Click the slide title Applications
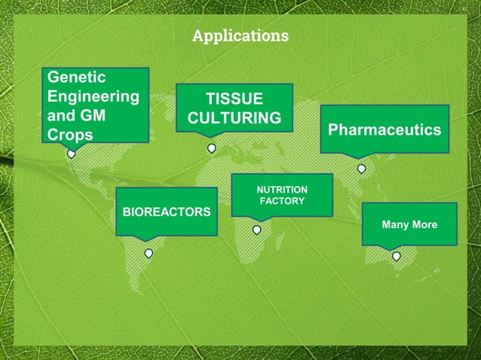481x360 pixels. click(x=240, y=36)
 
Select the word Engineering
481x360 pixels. click(x=93, y=97)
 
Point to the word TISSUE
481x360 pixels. click(x=234, y=99)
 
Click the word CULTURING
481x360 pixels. click(x=234, y=119)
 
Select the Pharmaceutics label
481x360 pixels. click(x=384, y=130)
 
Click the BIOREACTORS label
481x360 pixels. click(x=167, y=212)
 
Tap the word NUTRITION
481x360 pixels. click(x=282, y=189)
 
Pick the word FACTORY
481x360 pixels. click(x=282, y=201)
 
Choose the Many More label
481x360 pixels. click(x=409, y=224)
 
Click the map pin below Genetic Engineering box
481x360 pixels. click(x=72, y=154)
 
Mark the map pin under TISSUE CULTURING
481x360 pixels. click(x=212, y=148)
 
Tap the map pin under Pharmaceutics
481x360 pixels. click(x=361, y=169)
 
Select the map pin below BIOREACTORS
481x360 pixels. click(x=149, y=253)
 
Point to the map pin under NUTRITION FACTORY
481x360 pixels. click(x=256, y=229)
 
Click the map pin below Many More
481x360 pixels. click(x=397, y=256)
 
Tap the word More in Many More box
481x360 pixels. click(x=424, y=224)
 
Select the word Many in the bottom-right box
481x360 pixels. click(x=395, y=224)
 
